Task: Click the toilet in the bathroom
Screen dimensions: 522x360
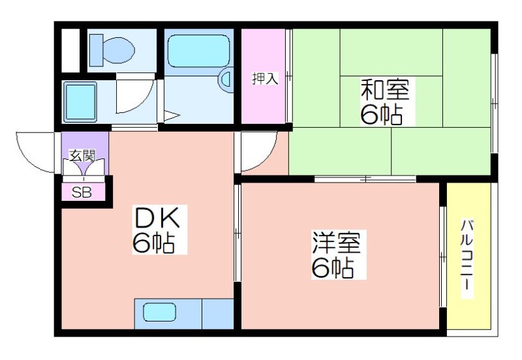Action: pos(112,50)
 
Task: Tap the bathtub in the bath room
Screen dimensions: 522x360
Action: pos(199,51)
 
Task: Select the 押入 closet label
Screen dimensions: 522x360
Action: pos(265,78)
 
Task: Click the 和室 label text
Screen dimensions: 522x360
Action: pos(385,89)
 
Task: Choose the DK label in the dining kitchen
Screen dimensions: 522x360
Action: pos(157,217)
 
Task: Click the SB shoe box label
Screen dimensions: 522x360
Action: pos(82,192)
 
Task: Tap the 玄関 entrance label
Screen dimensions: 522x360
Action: pos(82,155)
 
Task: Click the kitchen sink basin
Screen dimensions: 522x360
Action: pos(159,312)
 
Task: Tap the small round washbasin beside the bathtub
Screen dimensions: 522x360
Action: pos(225,79)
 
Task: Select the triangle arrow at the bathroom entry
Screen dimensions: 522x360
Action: pos(172,115)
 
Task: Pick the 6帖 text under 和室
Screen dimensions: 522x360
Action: pos(382,115)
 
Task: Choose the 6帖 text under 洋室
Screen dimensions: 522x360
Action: pos(332,267)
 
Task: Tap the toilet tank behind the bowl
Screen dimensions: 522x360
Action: pos(96,50)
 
